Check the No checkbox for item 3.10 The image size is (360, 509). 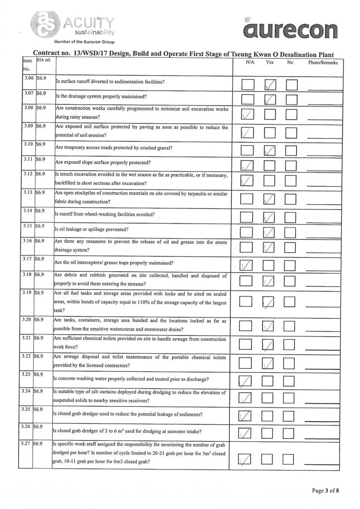point(291,150)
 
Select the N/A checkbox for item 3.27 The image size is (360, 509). point(245,460)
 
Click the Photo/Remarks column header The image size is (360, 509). point(323,63)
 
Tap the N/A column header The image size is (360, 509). point(249,63)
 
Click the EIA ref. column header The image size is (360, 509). point(42,60)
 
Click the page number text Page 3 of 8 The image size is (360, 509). point(325,490)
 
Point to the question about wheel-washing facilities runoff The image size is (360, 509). point(104,214)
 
